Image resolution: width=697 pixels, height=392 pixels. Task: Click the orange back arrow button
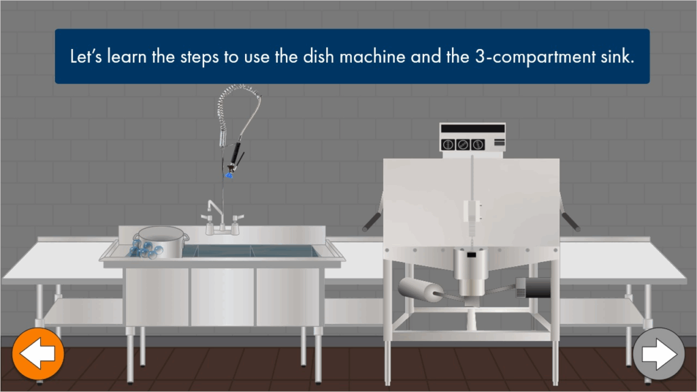point(38,354)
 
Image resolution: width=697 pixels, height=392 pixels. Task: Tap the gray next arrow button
point(659,354)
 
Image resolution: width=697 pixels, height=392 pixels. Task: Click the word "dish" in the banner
point(319,56)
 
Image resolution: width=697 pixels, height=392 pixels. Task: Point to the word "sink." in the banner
point(618,56)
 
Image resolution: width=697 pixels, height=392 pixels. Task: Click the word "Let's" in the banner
point(86,56)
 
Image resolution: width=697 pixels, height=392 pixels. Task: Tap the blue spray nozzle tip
point(229,175)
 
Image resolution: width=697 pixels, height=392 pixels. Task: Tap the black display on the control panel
point(473,129)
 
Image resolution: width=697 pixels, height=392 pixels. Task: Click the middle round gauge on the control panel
point(463,144)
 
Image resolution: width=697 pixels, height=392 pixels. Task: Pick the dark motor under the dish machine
point(534,288)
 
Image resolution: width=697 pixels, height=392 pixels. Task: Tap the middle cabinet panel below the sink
point(223,297)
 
